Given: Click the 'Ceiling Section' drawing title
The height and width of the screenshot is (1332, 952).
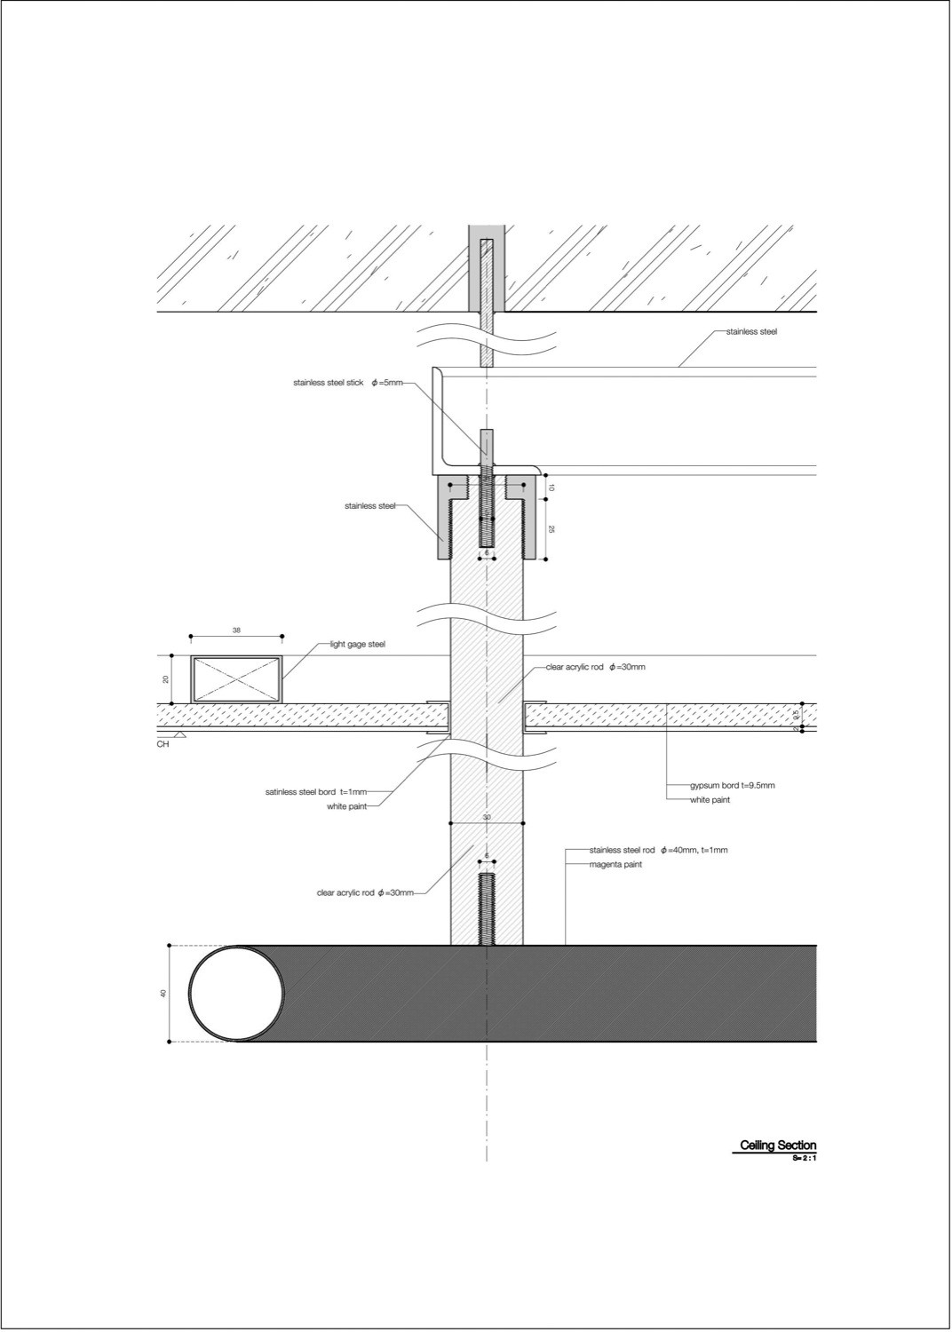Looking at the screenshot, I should pyautogui.click(x=778, y=1146).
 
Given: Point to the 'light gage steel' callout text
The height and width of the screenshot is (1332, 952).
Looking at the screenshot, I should pyautogui.click(x=357, y=645).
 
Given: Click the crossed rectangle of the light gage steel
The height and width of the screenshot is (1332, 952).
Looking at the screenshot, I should pyautogui.click(x=236, y=679).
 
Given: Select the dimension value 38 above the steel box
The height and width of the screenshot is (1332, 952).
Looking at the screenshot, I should pyautogui.click(x=236, y=630).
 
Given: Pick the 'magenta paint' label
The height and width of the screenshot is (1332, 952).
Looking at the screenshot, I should pyautogui.click(x=615, y=864).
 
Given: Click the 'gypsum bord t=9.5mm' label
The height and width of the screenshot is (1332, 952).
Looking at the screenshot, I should pyautogui.click(x=733, y=786).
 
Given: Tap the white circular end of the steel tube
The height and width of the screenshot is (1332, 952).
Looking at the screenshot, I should pyautogui.click(x=236, y=993).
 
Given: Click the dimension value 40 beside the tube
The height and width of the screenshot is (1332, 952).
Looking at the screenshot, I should pyautogui.click(x=163, y=994).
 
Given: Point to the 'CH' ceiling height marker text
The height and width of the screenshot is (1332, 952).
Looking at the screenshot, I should pyautogui.click(x=163, y=744).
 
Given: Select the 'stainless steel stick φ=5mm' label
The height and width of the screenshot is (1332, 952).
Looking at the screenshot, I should pyautogui.click(x=348, y=383).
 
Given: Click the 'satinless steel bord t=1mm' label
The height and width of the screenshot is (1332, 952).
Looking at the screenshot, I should pyautogui.click(x=315, y=791).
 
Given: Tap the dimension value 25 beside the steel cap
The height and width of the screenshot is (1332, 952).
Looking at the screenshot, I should pyautogui.click(x=551, y=529).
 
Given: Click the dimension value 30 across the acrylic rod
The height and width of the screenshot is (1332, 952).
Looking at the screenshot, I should pyautogui.click(x=487, y=817).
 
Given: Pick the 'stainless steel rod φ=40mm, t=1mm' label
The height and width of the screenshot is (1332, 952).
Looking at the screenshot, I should pyautogui.click(x=658, y=850).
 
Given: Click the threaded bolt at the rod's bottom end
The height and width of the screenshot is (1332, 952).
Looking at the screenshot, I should pyautogui.click(x=486, y=908).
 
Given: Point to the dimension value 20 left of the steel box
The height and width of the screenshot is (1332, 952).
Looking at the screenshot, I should pyautogui.click(x=165, y=679).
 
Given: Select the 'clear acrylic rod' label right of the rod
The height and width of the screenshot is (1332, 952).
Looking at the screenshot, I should pyautogui.click(x=589, y=666).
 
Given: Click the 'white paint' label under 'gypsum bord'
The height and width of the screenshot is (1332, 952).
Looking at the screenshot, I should pyautogui.click(x=710, y=800).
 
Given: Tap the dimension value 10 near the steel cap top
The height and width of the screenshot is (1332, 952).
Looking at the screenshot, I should pyautogui.click(x=551, y=487).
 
